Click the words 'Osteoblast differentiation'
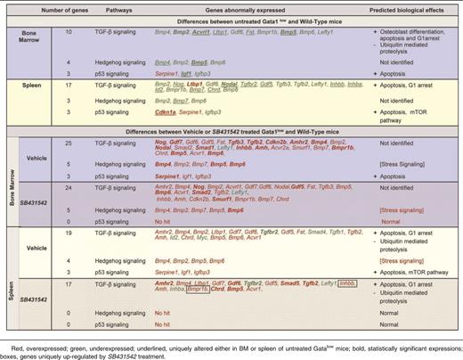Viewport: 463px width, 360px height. tap(405, 31)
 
